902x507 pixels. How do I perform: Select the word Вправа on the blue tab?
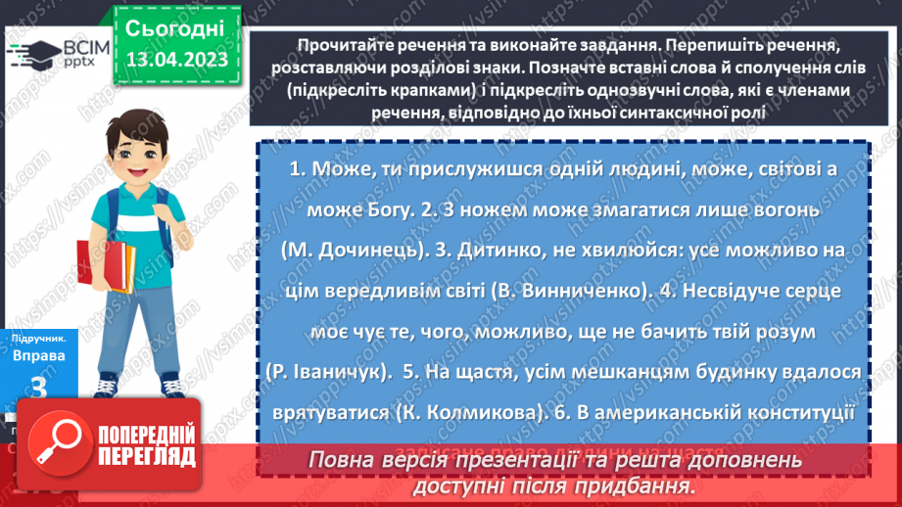coord(39,356)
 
